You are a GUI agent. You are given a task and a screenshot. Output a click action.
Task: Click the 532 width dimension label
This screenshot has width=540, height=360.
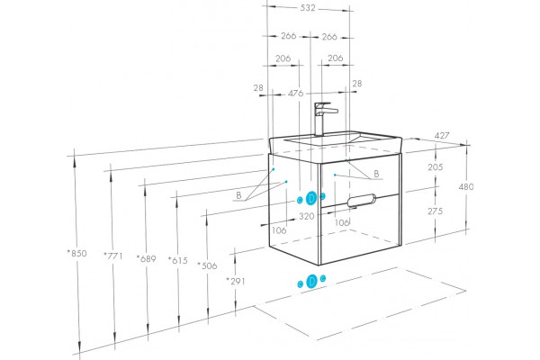[308, 8]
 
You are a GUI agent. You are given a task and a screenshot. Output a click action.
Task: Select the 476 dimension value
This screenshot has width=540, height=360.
[295, 93]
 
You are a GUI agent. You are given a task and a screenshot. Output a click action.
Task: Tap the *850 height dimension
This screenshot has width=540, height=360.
[76, 253]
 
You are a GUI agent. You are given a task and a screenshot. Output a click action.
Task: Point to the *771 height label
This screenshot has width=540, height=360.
[113, 256]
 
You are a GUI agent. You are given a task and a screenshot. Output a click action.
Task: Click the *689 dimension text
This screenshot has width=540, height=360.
[146, 258]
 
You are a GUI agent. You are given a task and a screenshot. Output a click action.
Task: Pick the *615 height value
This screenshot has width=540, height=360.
[177, 260]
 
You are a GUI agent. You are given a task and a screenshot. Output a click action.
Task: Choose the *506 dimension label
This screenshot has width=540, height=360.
[207, 265]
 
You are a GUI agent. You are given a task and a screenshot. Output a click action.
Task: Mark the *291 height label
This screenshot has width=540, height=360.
[236, 281]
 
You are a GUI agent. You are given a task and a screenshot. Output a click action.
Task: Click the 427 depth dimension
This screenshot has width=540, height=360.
[442, 136]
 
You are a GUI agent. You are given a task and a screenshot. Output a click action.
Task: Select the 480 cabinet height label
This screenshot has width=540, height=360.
[466, 186]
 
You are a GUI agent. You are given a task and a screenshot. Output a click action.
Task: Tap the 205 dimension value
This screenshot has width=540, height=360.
[436, 167]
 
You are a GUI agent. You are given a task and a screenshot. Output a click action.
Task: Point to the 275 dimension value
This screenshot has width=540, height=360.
[436, 211]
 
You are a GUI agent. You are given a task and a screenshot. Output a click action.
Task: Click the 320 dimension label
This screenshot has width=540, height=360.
[307, 216]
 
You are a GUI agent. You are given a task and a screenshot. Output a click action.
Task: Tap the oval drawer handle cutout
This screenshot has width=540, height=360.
[362, 201]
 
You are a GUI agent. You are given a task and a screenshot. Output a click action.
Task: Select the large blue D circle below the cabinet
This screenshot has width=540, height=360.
[312, 281]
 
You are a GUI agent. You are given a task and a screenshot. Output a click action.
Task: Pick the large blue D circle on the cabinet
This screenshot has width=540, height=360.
[311, 198]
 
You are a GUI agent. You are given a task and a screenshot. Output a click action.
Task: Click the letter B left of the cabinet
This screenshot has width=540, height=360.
[238, 195]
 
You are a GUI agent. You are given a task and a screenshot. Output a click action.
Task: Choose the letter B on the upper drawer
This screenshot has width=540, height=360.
[376, 174]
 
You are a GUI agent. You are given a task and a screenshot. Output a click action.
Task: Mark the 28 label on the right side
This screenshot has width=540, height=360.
[357, 84]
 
